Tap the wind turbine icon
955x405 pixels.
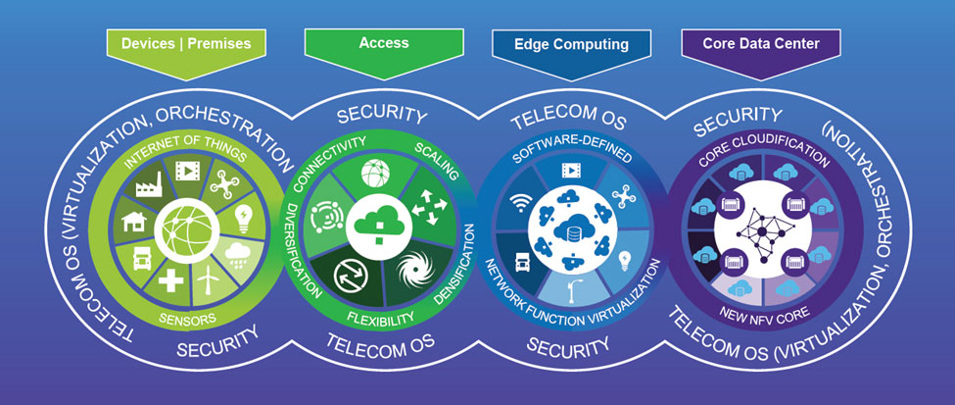point(208,284)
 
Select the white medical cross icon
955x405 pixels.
point(171,280)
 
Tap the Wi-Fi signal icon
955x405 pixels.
point(522,205)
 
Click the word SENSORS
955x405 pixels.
point(189,318)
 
